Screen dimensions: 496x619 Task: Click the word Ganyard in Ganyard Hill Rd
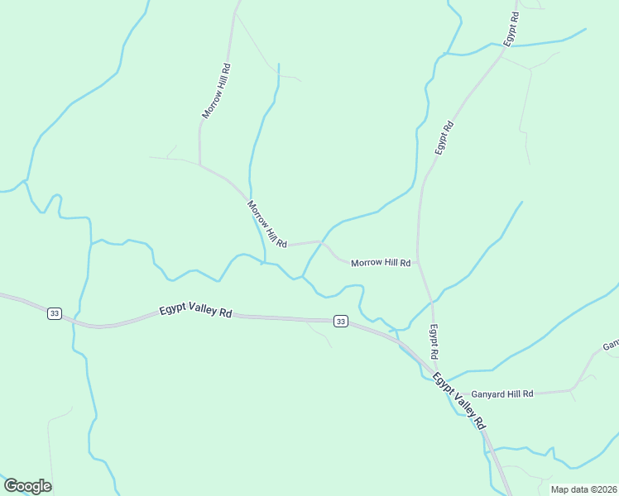pyautogui.click(x=488, y=394)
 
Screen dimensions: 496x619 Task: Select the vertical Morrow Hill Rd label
pyautogui.click(x=215, y=88)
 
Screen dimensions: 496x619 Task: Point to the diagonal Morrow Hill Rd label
pyautogui.click(x=266, y=224)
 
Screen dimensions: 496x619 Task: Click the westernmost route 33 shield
pyautogui.click(x=54, y=313)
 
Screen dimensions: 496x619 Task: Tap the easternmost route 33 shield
pyautogui.click(x=339, y=321)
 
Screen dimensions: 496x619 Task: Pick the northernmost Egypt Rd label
pyautogui.click(x=512, y=28)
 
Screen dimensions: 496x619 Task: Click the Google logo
pyautogui.click(x=27, y=486)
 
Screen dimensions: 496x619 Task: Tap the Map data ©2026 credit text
pyautogui.click(x=583, y=489)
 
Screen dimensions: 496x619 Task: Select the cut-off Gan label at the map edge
pyautogui.click(x=611, y=345)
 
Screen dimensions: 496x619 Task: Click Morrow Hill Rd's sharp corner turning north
pyautogui.click(x=199, y=162)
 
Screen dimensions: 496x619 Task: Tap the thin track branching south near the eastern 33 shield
pyautogui.click(x=319, y=332)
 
